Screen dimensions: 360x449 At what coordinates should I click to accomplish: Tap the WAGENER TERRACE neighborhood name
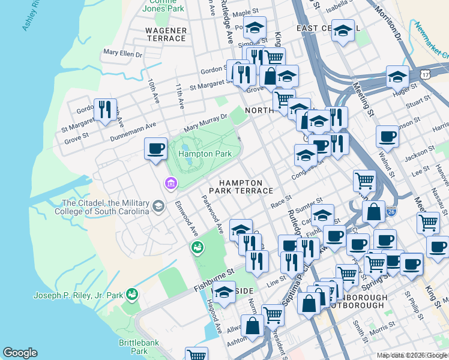166,34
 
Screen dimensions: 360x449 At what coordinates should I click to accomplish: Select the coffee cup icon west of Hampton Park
156,148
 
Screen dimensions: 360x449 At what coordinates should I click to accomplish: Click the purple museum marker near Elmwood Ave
171,182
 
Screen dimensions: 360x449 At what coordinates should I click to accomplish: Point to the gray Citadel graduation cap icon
158,207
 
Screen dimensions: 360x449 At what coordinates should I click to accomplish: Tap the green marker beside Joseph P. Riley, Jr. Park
132,294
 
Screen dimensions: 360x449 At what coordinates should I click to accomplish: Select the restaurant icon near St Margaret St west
106,109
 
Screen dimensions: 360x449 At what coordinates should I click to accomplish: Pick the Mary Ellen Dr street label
122,53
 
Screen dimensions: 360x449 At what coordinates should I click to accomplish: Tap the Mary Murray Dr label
206,122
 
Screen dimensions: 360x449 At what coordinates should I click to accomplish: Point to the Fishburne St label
212,281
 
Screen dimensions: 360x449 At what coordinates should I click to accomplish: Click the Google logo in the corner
20,353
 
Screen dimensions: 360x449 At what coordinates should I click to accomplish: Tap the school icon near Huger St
397,76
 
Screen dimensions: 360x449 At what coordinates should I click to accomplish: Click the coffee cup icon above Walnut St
387,136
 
